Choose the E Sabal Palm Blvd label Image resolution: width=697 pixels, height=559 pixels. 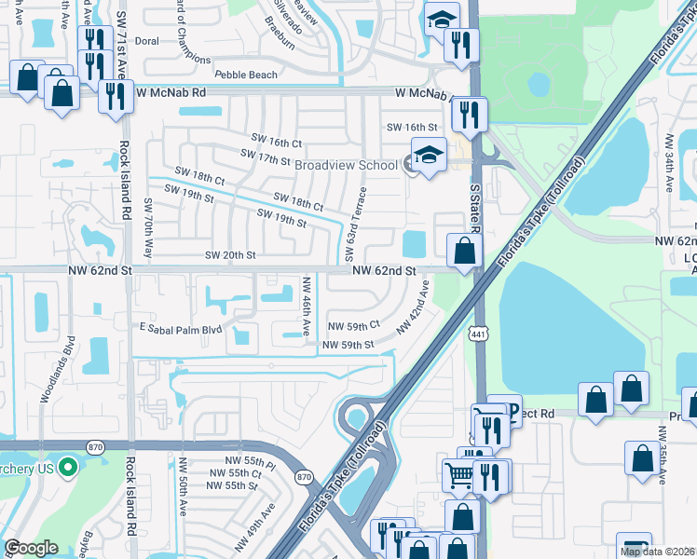(181, 329)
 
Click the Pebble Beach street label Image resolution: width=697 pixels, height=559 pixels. (246, 75)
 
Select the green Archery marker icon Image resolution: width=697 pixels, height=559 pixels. (67, 466)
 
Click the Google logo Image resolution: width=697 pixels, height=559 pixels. (31, 548)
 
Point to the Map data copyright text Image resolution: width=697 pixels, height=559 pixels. (658, 552)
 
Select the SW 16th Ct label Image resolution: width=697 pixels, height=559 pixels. (271, 143)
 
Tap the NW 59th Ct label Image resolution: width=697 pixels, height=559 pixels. (354, 325)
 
